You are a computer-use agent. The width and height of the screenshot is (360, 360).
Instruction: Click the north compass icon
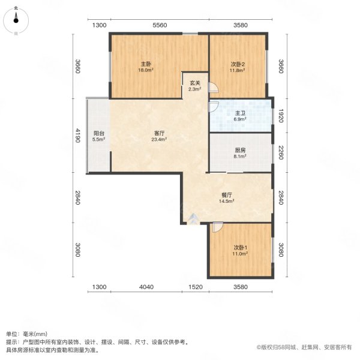pos(16,19)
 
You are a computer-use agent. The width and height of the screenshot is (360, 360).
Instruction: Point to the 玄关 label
pos(195,83)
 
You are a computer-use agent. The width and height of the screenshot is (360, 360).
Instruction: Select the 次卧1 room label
pos(240,248)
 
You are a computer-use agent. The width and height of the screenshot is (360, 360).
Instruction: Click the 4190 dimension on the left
pos(77,136)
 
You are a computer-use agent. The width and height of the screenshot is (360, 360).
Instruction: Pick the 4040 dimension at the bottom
pos(147,287)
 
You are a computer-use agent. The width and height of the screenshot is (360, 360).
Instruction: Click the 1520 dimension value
pos(195,287)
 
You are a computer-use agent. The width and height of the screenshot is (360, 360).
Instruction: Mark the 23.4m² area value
pos(159,139)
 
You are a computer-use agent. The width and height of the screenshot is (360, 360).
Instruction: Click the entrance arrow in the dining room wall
pos(192,219)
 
